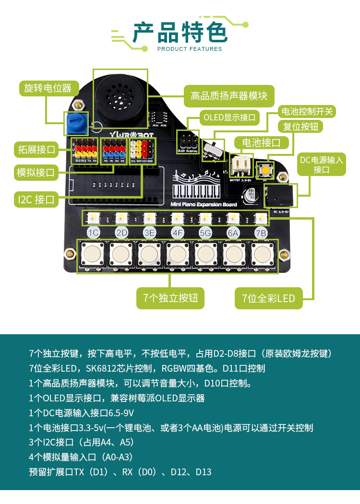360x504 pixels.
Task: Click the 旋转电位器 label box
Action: point(48,88)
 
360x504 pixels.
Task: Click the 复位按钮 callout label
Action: point(301,127)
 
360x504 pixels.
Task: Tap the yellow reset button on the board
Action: point(265,170)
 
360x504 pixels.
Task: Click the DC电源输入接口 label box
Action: point(321,164)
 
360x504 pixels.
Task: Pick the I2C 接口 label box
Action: point(36,199)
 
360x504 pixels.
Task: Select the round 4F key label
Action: point(178,233)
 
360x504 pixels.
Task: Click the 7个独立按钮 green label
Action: point(170,298)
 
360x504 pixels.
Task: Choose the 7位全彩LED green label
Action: point(268,298)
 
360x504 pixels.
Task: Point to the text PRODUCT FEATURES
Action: point(190,49)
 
